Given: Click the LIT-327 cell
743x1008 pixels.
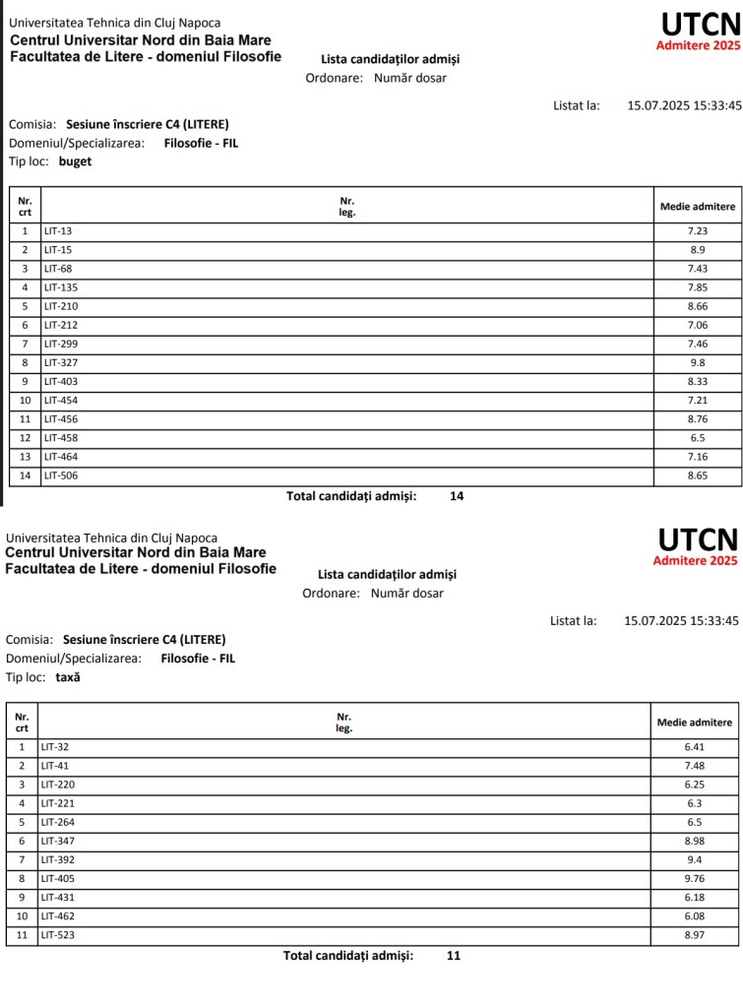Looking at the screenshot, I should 59,363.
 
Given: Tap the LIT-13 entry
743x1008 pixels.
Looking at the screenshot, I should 58,231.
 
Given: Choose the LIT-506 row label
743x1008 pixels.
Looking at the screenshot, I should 61,476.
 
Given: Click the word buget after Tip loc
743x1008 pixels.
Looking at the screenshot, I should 75,161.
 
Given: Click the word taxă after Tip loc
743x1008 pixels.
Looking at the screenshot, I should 68,677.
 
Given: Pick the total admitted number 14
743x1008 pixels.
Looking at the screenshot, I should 457,496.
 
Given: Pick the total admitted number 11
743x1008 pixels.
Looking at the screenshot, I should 453,955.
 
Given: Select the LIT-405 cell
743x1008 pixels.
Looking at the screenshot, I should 58,879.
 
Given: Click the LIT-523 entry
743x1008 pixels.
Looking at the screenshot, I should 58,935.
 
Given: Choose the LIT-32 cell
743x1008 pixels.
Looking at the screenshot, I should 55,747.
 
